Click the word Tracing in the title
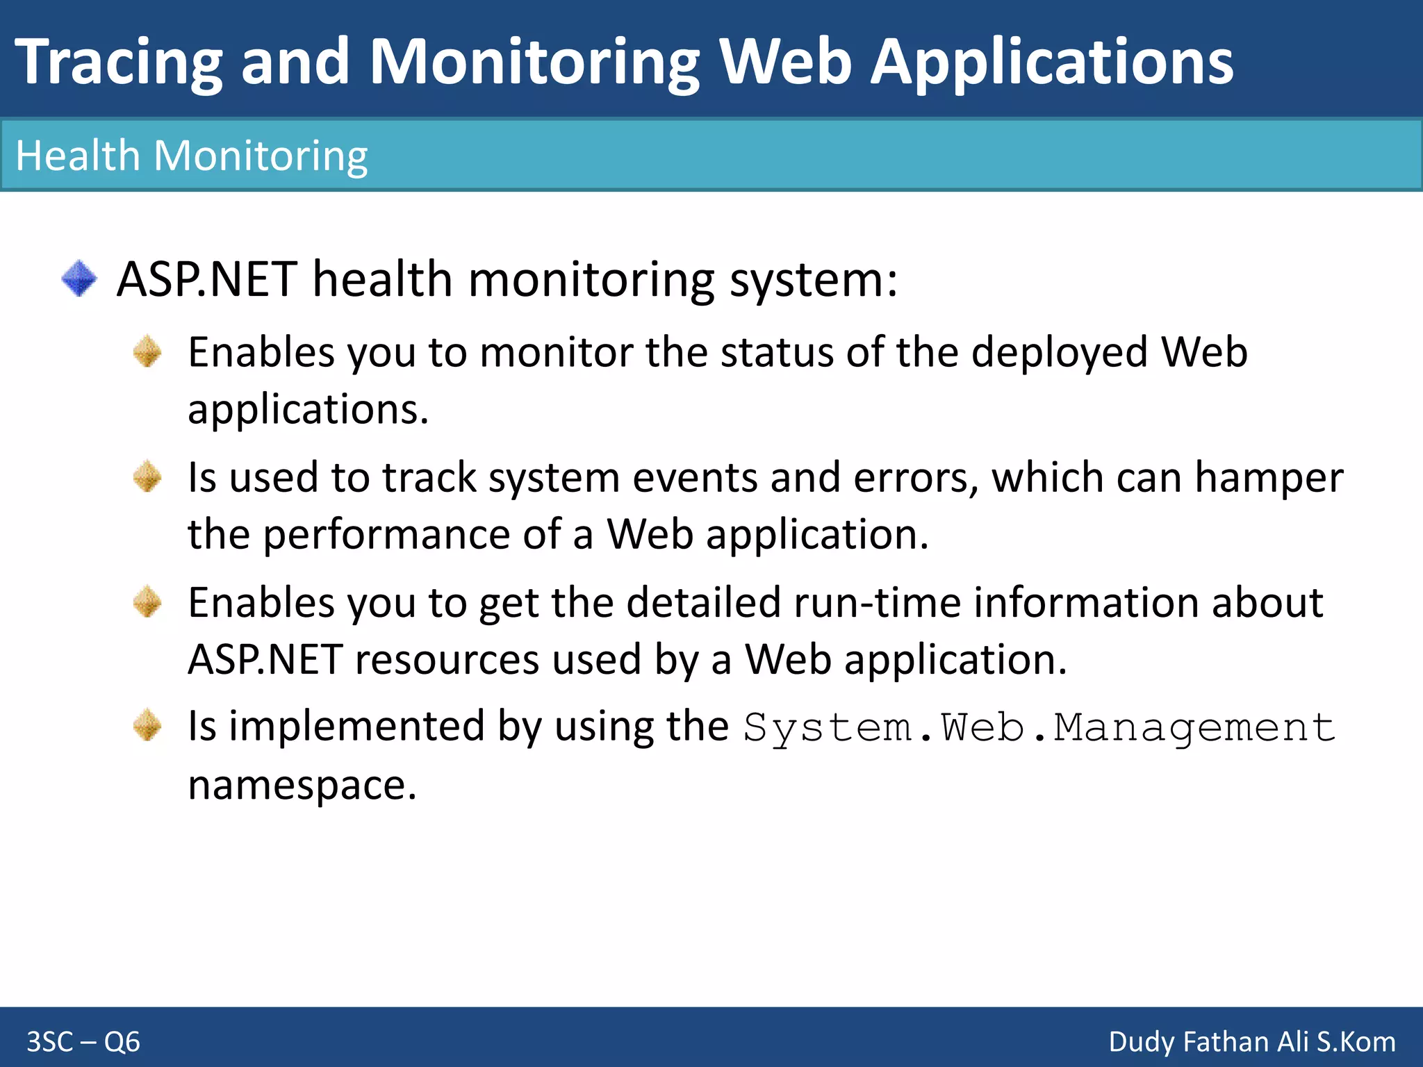(x=118, y=63)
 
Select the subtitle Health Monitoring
(x=191, y=155)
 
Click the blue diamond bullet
(x=79, y=279)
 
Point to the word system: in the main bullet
(x=813, y=280)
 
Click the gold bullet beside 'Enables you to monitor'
(x=147, y=351)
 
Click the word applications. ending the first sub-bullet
(x=308, y=409)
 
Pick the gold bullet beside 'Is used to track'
(x=147, y=477)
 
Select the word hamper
(x=1269, y=479)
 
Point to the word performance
(x=386, y=535)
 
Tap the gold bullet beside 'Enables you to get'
(x=147, y=602)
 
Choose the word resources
(x=447, y=659)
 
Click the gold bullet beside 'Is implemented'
(x=147, y=726)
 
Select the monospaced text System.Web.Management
(x=1039, y=728)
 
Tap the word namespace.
(x=302, y=786)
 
